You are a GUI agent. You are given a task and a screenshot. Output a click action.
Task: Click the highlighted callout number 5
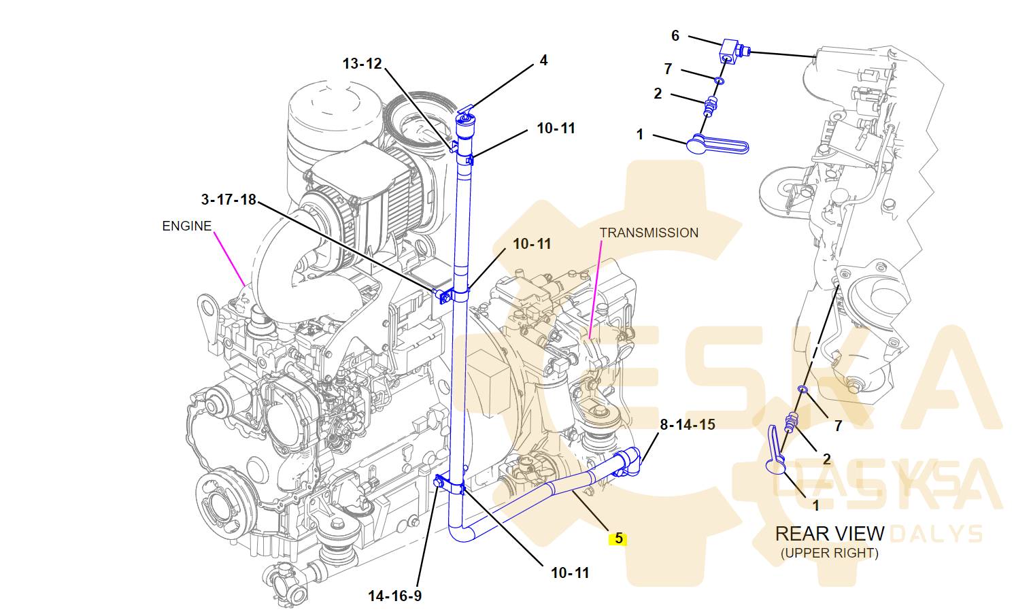(x=618, y=539)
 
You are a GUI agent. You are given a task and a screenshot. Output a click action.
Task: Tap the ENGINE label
(x=186, y=226)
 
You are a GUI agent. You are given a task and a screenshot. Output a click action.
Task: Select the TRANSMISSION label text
(x=649, y=233)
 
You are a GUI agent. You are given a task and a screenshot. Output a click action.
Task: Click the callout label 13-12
(x=362, y=64)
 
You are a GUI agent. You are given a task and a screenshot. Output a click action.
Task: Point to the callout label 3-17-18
(x=229, y=199)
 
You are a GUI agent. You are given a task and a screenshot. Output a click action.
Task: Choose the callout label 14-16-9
(x=394, y=596)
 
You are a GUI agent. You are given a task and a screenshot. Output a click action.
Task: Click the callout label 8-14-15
(x=688, y=425)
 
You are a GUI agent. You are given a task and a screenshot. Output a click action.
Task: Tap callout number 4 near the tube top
(x=543, y=61)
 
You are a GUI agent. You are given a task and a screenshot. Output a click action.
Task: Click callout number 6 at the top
(x=675, y=35)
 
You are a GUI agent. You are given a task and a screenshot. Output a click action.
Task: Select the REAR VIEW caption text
(x=830, y=534)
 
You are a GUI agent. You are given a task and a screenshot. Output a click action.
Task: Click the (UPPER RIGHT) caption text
(x=830, y=553)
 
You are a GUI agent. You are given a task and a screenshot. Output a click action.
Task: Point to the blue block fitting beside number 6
(x=730, y=49)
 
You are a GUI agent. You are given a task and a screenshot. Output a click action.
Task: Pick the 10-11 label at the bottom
(x=570, y=573)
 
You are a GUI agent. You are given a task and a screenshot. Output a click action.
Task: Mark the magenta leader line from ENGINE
(x=230, y=258)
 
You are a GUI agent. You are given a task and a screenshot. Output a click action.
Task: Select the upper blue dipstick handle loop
(x=721, y=145)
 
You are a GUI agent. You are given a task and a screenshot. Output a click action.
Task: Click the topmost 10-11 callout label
(x=556, y=129)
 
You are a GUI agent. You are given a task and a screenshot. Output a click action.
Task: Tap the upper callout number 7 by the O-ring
(x=668, y=69)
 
